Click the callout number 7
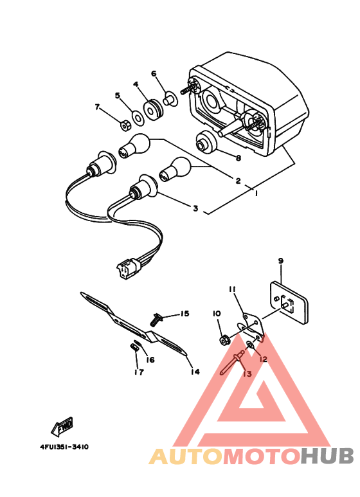98,107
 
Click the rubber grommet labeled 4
153,109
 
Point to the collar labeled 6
170,99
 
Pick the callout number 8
238,158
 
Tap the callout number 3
195,208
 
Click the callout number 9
280,260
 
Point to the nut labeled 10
222,338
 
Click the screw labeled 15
156,317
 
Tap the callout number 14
195,371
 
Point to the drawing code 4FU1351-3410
59,446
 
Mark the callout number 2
238,181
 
